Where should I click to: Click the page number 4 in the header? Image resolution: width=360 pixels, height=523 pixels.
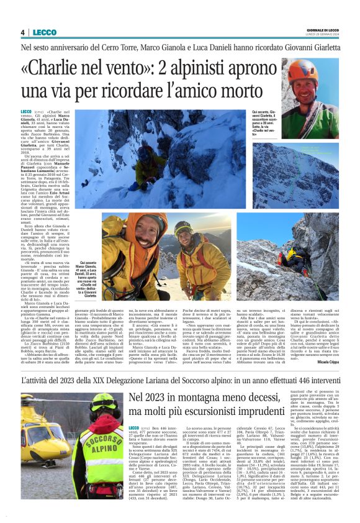pos(22,32)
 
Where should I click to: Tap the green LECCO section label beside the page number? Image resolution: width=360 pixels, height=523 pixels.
pos(45,32)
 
